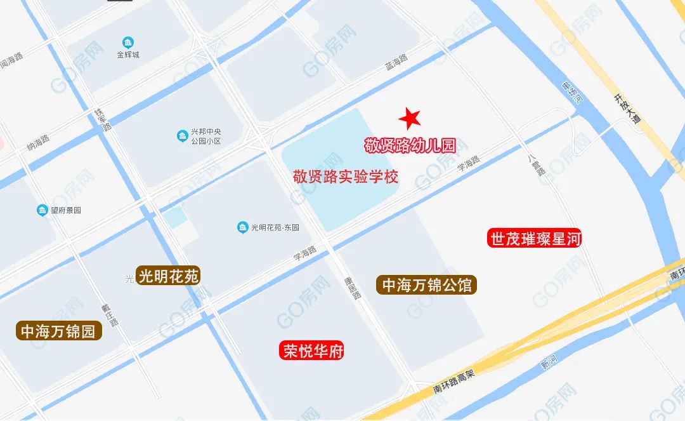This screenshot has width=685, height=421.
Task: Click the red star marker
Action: pyautogui.click(x=410, y=118)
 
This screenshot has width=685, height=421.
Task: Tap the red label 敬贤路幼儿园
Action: pyautogui.click(x=410, y=145)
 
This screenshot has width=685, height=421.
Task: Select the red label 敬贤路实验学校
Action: pyautogui.click(x=345, y=176)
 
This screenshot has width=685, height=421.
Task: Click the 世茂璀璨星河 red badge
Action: pyautogui.click(x=535, y=239)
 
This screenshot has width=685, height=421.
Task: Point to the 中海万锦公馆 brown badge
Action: pyautogui.click(x=427, y=285)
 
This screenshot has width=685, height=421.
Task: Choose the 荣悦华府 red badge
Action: pyautogui.click(x=313, y=351)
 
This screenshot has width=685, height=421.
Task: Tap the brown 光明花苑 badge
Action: pyautogui.click(x=169, y=276)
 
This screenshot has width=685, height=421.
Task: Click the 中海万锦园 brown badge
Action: pyautogui.click(x=58, y=331)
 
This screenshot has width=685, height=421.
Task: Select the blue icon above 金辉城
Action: pyautogui.click(x=128, y=43)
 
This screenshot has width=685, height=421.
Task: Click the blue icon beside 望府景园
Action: pyautogui.click(x=42, y=210)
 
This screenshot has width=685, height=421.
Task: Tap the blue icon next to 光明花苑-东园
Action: pyautogui.click(x=242, y=227)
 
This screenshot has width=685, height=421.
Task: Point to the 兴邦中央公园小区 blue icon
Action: pyautogui.click(x=182, y=136)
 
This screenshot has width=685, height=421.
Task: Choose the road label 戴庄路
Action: pyautogui.click(x=110, y=314)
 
